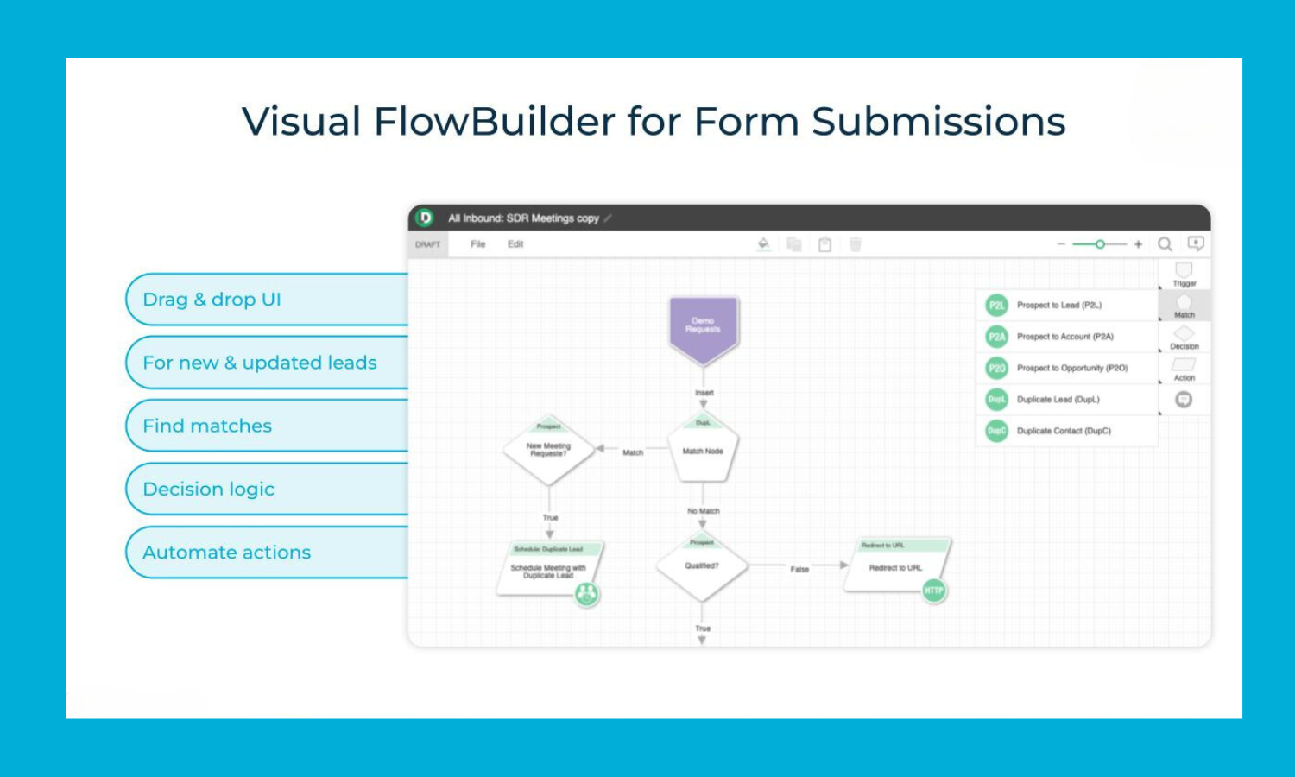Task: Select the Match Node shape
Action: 704,452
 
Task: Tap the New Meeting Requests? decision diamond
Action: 549,451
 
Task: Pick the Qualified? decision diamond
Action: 702,566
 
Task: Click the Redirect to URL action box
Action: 895,567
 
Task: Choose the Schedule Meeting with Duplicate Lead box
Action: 548,570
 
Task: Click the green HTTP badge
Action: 934,591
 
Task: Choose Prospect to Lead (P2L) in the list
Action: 1059,305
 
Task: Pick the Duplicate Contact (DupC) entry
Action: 1064,431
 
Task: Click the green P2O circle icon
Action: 997,369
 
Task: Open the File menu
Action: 478,244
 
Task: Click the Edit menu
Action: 515,244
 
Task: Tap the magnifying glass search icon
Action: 1165,244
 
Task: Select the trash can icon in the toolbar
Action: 856,244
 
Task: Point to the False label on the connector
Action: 799,569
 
